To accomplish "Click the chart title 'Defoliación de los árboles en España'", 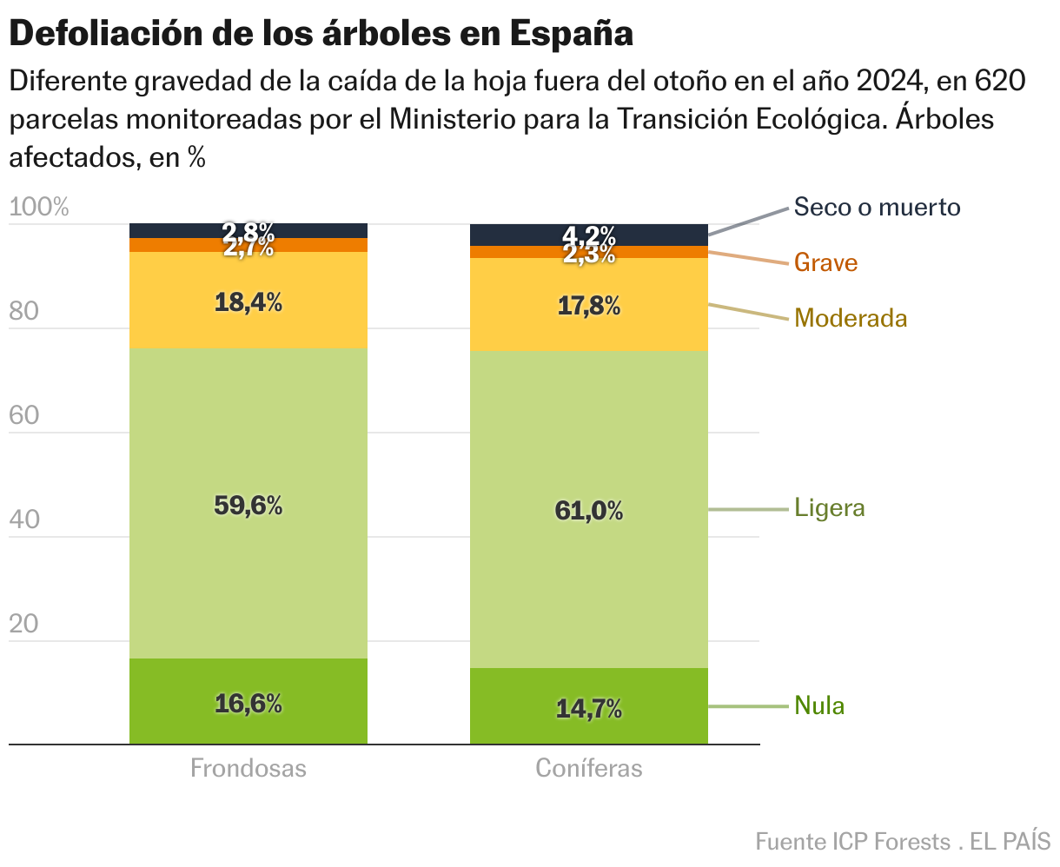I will point(321,34).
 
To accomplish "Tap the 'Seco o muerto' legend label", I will point(877,208).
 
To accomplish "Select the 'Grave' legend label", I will point(825,262).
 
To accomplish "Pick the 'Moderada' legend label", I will point(851,318).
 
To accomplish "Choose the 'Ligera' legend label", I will point(830,508).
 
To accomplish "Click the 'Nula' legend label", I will point(819,705).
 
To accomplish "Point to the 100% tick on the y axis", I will point(38,208).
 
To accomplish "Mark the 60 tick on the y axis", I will point(24,415).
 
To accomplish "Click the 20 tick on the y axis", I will point(24,624).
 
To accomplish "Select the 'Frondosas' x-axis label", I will point(248,769).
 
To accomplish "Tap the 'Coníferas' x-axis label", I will point(589,769).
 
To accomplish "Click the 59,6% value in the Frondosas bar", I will point(248,506).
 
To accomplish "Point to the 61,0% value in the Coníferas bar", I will point(589,511).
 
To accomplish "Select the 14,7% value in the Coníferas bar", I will point(589,709).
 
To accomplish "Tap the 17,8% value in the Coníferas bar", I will point(589,306).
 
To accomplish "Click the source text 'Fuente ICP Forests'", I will point(852,842).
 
